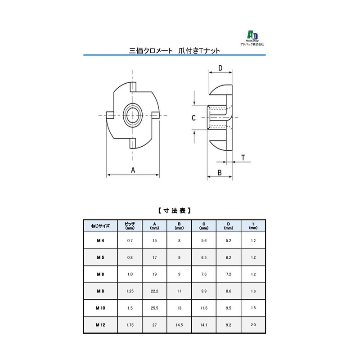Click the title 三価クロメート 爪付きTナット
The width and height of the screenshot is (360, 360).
click(174, 51)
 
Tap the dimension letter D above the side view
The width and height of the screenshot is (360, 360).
click(220, 68)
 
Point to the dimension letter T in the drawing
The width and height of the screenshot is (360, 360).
click(243, 157)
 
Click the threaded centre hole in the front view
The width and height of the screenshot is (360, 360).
click(133, 115)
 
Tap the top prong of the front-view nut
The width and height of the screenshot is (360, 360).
click(133, 86)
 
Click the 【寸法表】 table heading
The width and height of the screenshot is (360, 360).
click(174, 210)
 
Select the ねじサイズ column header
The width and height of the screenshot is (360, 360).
click(100, 226)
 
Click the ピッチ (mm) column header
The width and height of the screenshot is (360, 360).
click(130, 226)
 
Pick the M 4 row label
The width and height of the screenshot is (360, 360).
click(100, 241)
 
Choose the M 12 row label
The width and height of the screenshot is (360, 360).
click(100, 324)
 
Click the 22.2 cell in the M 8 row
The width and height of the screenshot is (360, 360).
click(154, 291)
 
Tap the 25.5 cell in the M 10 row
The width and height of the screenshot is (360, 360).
click(154, 308)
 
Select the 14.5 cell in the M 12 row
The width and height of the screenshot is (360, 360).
click(179, 324)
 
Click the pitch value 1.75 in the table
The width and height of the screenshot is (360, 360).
click(130, 324)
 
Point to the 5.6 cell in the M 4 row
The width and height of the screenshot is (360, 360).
click(204, 241)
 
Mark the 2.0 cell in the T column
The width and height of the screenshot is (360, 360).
click(253, 324)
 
